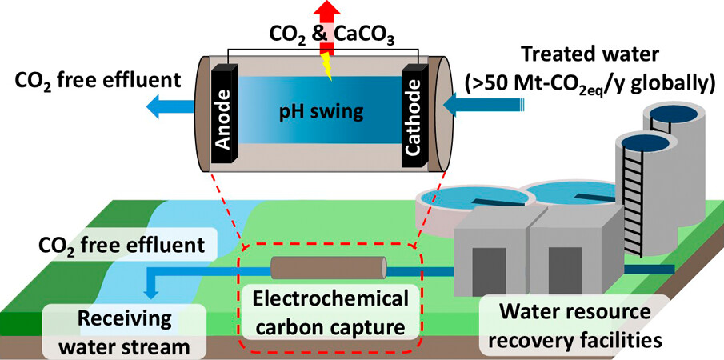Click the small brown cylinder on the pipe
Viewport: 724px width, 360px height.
click(328, 269)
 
